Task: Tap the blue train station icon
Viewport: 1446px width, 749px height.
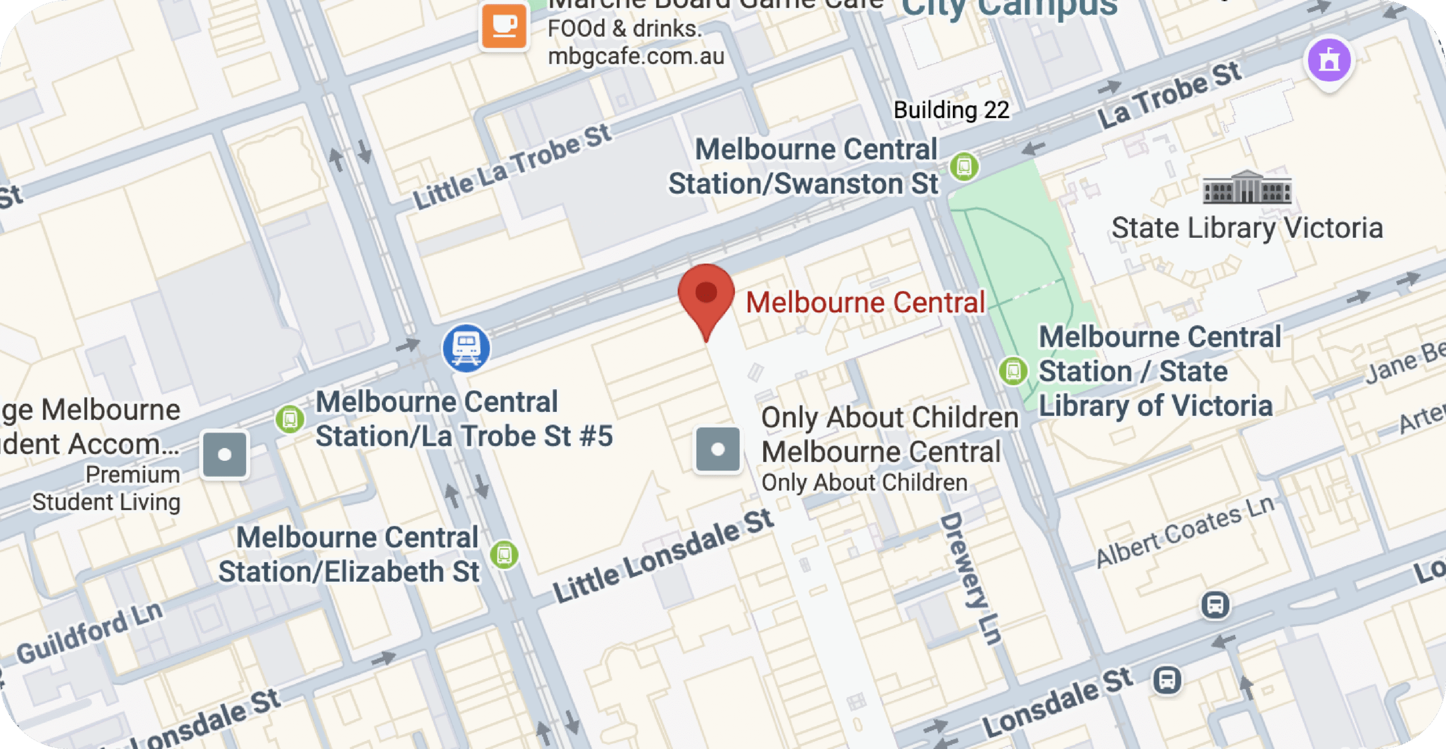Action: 466,347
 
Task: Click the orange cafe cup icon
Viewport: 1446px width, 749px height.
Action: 504,26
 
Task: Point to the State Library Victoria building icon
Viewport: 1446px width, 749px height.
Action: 1247,188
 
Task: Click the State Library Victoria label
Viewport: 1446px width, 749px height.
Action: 1247,228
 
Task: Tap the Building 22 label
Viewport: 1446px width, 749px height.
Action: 951,110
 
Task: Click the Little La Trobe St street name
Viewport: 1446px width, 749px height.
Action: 512,166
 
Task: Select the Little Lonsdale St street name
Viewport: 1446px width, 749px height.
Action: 663,556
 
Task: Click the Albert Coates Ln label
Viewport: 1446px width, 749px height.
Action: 1184,532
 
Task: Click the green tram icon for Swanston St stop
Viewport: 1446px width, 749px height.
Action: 964,167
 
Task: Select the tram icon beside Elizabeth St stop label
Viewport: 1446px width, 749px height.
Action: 504,555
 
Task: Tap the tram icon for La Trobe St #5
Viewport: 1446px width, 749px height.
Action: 290,420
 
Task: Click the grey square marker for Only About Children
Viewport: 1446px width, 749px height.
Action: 718,449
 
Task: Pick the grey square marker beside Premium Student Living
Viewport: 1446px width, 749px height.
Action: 224,455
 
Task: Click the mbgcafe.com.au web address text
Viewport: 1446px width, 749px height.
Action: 636,56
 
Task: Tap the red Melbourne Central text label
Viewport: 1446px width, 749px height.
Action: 865,302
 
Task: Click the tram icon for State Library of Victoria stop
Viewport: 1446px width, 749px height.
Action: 1013,371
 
